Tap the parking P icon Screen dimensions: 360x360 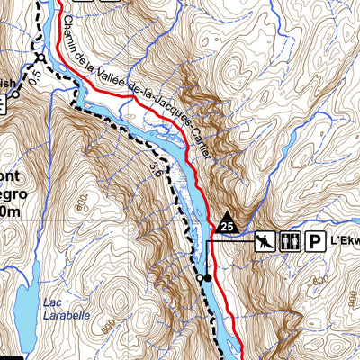[316, 240]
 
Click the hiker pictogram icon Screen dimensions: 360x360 [264, 240]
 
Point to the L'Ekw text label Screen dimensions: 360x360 [346, 241]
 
